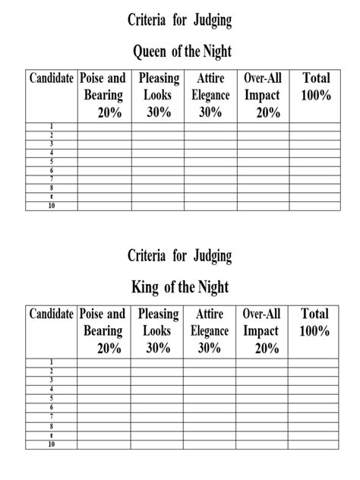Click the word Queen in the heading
150,52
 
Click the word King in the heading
147,288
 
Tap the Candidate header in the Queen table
52,78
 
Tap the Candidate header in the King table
52,314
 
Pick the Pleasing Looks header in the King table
157,330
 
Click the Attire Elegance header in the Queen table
210,95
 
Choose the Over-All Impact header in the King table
262,330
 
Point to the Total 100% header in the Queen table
315,87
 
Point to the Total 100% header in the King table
315,322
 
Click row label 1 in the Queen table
52,126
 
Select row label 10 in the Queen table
52,206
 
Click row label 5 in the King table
52,397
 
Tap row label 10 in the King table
52,444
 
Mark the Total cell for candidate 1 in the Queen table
315,126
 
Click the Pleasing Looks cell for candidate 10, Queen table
157,206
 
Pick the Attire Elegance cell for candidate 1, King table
210,362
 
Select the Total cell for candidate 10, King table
315,444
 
